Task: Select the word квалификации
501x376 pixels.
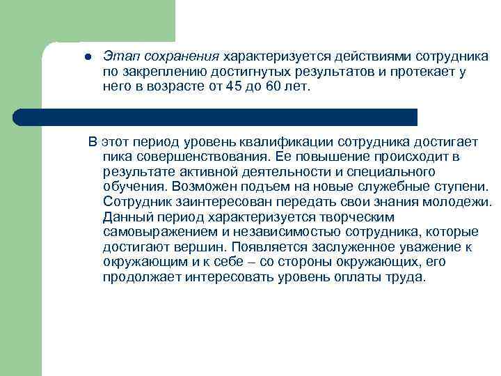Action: (x=270, y=143)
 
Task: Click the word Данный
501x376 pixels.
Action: (x=127, y=217)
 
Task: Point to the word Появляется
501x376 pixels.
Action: (x=265, y=247)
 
